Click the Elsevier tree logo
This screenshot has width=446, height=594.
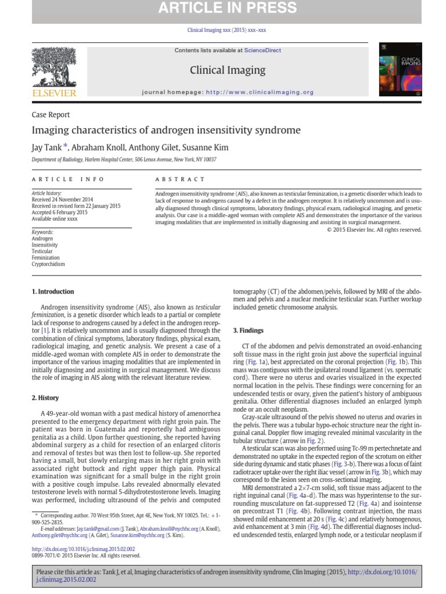click(x=53, y=68)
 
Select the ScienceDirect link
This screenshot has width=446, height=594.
click(x=262, y=50)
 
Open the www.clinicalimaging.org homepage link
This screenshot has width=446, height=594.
click(x=260, y=92)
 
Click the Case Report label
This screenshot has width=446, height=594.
click(x=51, y=115)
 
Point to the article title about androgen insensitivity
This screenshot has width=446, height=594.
click(x=166, y=131)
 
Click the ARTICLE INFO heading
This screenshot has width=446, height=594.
click(x=68, y=179)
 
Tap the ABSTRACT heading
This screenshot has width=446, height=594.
click(x=180, y=179)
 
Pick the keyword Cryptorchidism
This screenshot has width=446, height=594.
click(x=48, y=265)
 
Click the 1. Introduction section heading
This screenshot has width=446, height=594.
click(x=53, y=292)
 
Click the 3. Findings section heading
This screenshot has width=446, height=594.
click(x=248, y=331)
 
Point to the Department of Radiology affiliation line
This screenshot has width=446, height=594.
click(x=124, y=160)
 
